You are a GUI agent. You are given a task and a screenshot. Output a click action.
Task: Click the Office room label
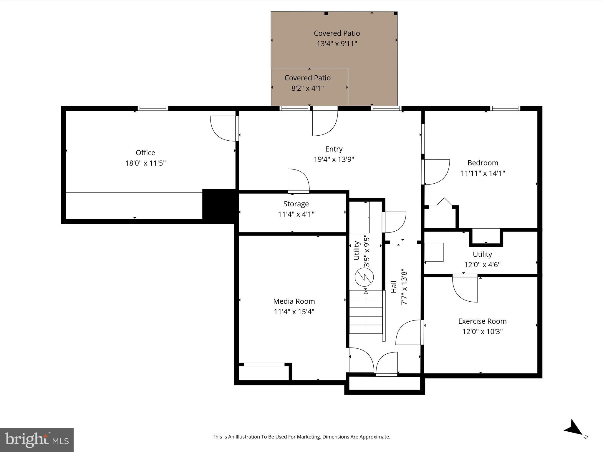coord(145,153)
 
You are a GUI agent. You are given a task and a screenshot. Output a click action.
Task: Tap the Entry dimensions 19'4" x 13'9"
coord(334,159)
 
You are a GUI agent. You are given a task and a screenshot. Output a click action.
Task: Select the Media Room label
coord(294,301)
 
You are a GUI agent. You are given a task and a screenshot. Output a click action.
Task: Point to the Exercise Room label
coord(482,321)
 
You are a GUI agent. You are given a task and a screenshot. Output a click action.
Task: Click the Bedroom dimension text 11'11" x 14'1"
coord(483,173)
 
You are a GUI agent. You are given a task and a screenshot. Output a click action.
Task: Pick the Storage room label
coord(296,204)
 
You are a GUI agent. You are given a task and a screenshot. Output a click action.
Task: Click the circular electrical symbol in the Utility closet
coord(364,277)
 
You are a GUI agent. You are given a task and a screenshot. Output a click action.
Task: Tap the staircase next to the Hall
coord(366,312)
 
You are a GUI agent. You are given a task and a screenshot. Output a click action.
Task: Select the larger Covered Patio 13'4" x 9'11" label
coord(337,33)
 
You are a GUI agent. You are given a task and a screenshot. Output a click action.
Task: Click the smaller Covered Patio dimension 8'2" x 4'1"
coord(307,88)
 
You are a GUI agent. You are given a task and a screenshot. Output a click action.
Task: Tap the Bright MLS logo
coord(37,440)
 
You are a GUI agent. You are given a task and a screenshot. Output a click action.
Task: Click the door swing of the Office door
coord(223,129)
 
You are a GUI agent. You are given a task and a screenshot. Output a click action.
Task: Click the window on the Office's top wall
coord(153,108)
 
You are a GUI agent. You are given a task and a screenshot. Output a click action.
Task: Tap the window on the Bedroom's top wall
coord(505,108)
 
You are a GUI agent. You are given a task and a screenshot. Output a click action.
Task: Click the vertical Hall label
coord(394,287)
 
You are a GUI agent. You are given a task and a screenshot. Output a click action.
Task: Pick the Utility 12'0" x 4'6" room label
coord(482,254)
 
